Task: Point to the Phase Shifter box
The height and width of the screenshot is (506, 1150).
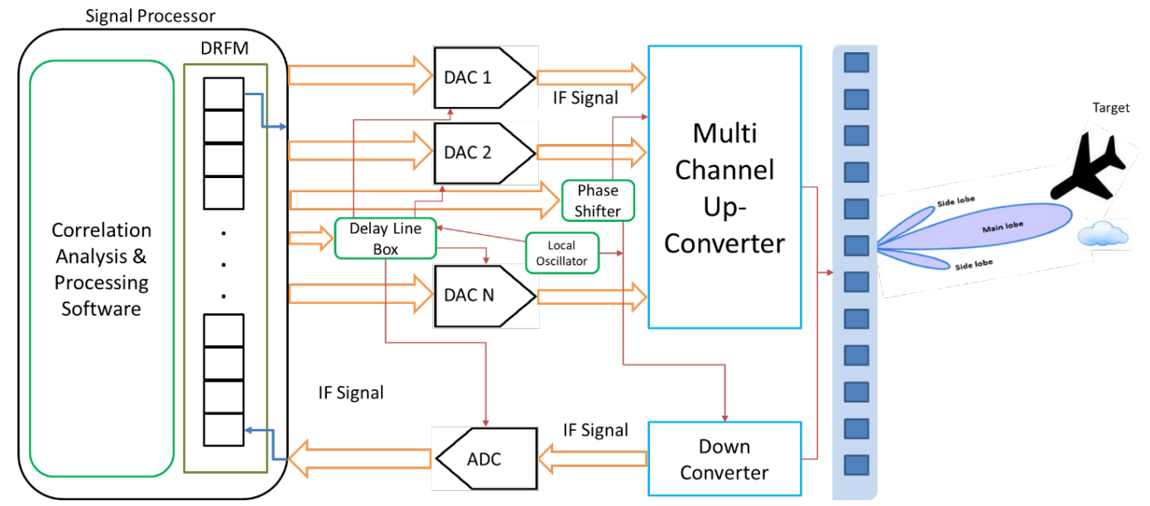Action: (x=598, y=200)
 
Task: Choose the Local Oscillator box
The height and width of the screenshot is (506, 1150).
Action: (x=562, y=253)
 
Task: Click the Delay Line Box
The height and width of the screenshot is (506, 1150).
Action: (x=385, y=239)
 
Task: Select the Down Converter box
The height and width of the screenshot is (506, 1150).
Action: (x=724, y=460)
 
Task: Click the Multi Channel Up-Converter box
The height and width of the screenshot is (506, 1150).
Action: (x=724, y=188)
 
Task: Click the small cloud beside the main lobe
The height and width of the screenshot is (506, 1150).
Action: (x=1104, y=236)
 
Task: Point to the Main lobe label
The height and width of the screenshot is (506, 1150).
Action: (x=1001, y=228)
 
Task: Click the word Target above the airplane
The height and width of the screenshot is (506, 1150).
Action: (x=1110, y=108)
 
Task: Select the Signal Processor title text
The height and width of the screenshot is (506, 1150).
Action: (x=150, y=16)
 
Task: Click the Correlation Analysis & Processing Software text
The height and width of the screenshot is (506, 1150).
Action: (x=102, y=269)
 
